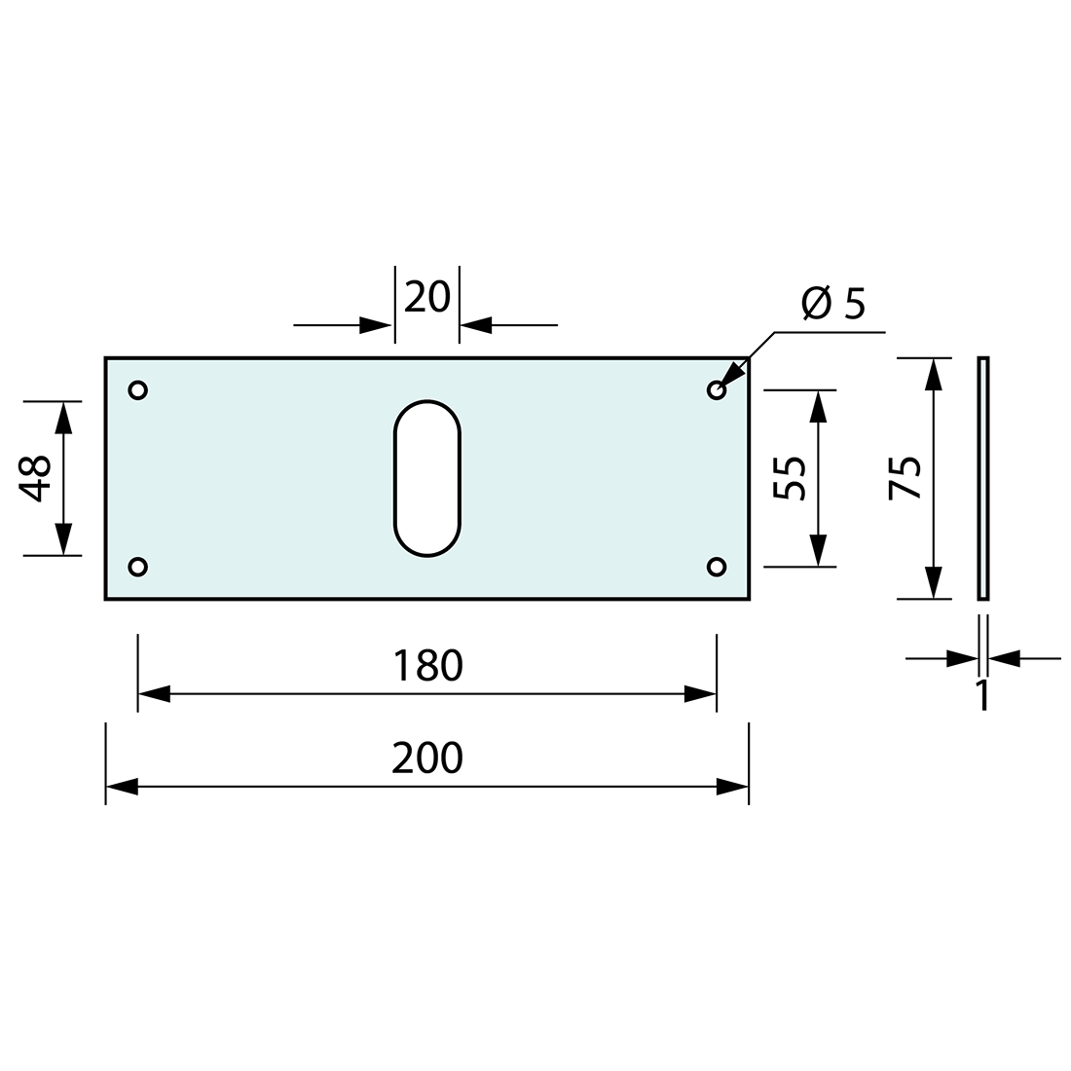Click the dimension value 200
(x=427, y=757)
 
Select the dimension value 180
(x=427, y=666)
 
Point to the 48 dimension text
(x=36, y=478)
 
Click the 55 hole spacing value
(x=791, y=478)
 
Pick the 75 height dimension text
(x=905, y=478)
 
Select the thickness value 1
(x=982, y=695)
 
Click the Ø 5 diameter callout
(x=833, y=305)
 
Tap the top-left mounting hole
(x=138, y=390)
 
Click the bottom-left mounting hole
(x=138, y=566)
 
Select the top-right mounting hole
(x=717, y=390)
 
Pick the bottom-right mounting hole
(x=717, y=566)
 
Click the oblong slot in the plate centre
(x=426, y=478)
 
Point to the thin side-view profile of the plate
(x=983, y=478)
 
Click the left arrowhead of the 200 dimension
(x=122, y=787)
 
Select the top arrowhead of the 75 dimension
(x=934, y=374)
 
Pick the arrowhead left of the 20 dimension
(x=377, y=325)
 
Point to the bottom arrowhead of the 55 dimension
(x=818, y=550)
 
